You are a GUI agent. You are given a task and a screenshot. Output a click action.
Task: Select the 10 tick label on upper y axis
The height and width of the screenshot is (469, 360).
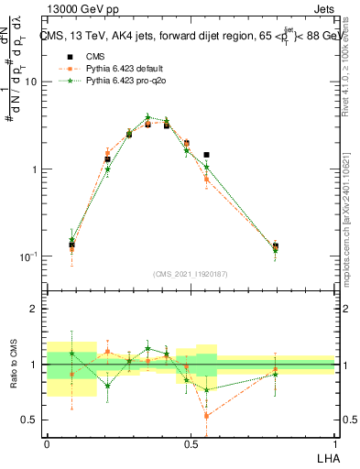click(x=30, y=82)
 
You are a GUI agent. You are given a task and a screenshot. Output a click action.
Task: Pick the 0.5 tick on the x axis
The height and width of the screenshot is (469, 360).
click(x=191, y=443)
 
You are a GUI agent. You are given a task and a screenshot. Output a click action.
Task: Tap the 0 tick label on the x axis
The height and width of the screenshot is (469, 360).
click(x=47, y=443)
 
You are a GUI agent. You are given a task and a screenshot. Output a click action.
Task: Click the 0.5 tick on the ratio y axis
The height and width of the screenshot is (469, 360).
click(x=30, y=420)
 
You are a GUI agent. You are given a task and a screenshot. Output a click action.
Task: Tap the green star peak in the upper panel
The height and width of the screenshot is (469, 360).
click(x=147, y=117)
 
